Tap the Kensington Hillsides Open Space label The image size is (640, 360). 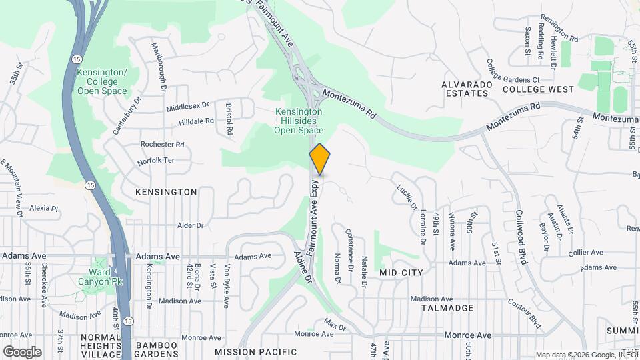(x=299, y=121)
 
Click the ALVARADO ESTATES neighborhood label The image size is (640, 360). (x=467, y=89)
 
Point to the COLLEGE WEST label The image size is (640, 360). (x=538, y=89)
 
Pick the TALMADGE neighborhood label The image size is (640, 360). (x=447, y=308)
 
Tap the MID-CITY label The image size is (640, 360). (x=402, y=273)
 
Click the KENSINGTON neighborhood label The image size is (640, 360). (x=166, y=192)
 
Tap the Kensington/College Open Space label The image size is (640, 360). (x=101, y=81)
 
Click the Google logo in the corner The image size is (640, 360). (x=22, y=351)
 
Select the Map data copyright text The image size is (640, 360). (x=586, y=355)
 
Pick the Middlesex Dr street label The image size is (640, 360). (x=187, y=105)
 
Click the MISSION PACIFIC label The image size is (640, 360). (x=255, y=351)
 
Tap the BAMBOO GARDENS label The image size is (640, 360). (x=156, y=350)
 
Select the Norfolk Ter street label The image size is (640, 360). (x=155, y=161)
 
